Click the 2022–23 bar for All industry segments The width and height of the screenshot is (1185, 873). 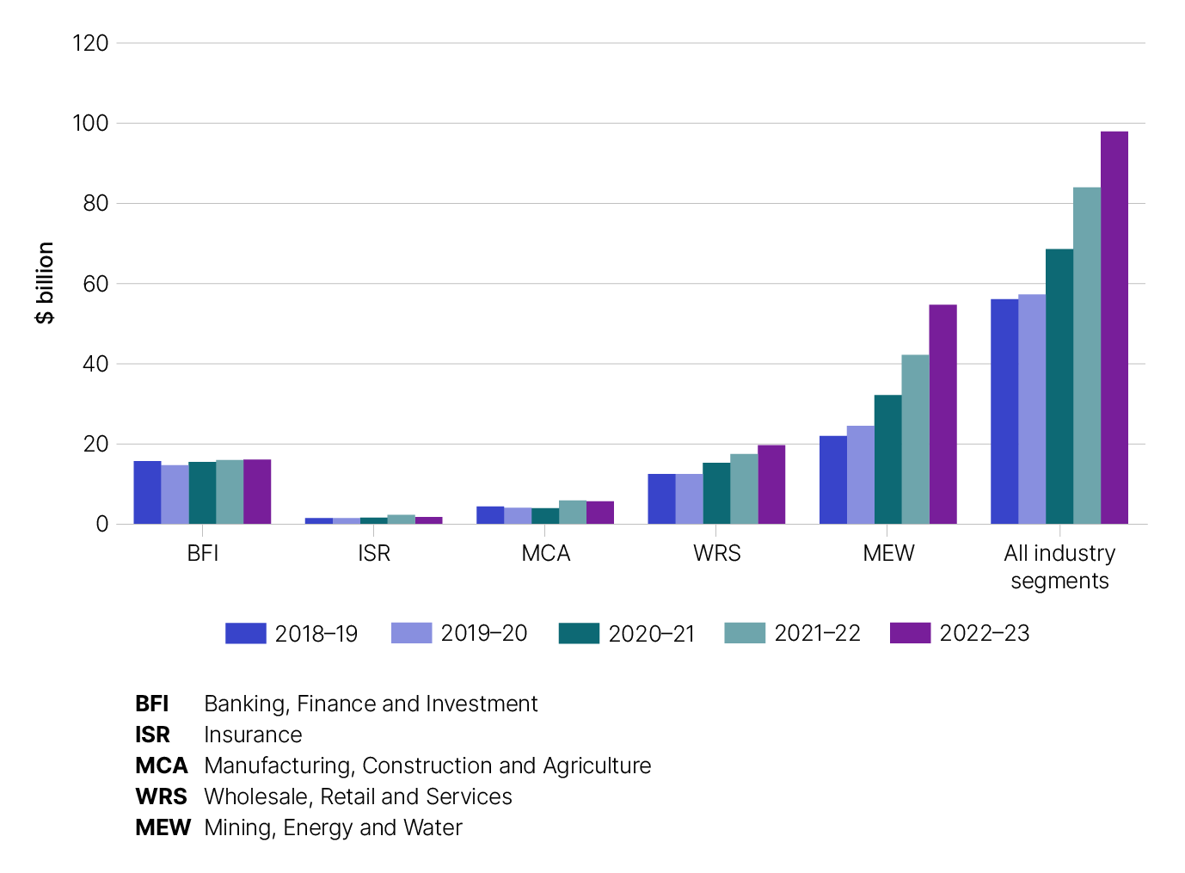point(1114,328)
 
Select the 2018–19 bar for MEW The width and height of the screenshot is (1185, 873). point(832,480)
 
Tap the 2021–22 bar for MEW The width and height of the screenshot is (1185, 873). point(915,440)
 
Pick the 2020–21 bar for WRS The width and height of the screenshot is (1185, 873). point(716,494)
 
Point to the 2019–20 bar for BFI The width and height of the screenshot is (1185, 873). point(175,495)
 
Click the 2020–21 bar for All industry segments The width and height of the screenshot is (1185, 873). point(1059,386)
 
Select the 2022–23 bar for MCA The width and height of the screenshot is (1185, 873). point(600,513)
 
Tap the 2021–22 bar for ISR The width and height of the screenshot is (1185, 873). point(401,519)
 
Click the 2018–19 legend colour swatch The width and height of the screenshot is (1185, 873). point(245,633)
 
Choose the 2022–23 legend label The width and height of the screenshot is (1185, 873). point(984,633)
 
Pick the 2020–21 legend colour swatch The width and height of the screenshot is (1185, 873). point(579,633)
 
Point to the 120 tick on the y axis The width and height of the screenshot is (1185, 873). point(90,43)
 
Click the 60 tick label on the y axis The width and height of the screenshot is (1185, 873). point(95,284)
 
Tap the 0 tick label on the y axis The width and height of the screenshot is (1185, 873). point(102,524)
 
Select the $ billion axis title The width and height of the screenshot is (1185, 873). point(45,283)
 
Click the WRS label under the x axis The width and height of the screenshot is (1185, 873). point(716,553)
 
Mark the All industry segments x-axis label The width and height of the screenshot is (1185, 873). point(1059,567)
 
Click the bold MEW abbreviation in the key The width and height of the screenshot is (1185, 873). point(163,827)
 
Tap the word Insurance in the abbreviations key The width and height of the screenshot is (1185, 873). point(253,735)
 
